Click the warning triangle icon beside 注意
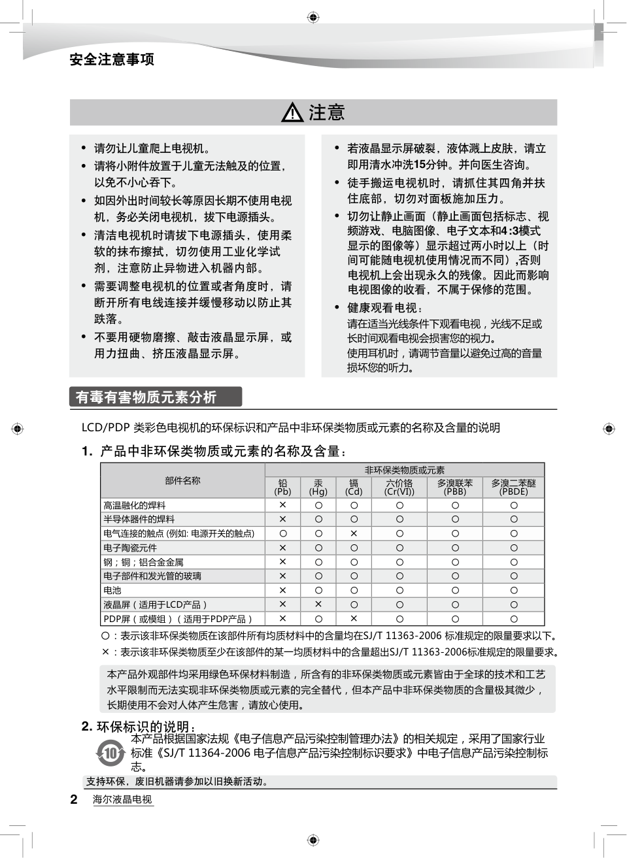tap(292, 114)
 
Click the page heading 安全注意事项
tap(112, 60)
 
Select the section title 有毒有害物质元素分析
tap(146, 397)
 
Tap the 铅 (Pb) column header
tap(282, 487)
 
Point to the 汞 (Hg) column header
tap(318, 487)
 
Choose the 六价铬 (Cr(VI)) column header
tap(399, 487)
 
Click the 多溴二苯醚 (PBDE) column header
tap(513, 487)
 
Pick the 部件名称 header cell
tap(182, 481)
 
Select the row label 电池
tap(112, 590)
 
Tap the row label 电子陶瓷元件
tap(130, 548)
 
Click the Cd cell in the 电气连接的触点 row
tap(354, 533)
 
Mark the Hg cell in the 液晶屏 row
tap(318, 604)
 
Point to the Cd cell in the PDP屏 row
tap(354, 618)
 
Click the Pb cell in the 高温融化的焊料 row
tap(282, 505)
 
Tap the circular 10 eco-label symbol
tap(110, 753)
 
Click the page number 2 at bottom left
tap(74, 799)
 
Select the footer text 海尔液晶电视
tap(122, 799)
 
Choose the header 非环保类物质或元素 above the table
tap(404, 470)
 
